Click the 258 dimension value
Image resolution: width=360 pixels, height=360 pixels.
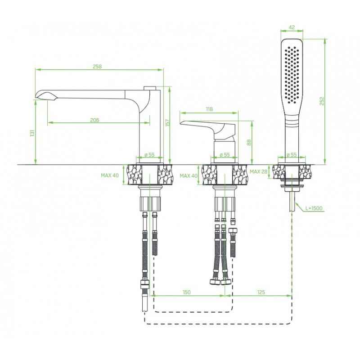point(97,66)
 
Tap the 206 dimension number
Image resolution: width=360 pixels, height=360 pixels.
point(94,120)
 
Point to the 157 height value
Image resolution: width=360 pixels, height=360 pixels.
point(168,122)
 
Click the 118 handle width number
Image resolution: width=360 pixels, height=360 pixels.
point(209,109)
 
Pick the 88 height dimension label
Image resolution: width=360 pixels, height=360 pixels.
point(249,142)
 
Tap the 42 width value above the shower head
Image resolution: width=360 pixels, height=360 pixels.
point(292,27)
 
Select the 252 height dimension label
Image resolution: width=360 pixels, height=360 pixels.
point(322,101)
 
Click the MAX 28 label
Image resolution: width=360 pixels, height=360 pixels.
point(258,171)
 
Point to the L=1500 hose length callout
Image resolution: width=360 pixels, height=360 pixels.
point(314,208)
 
